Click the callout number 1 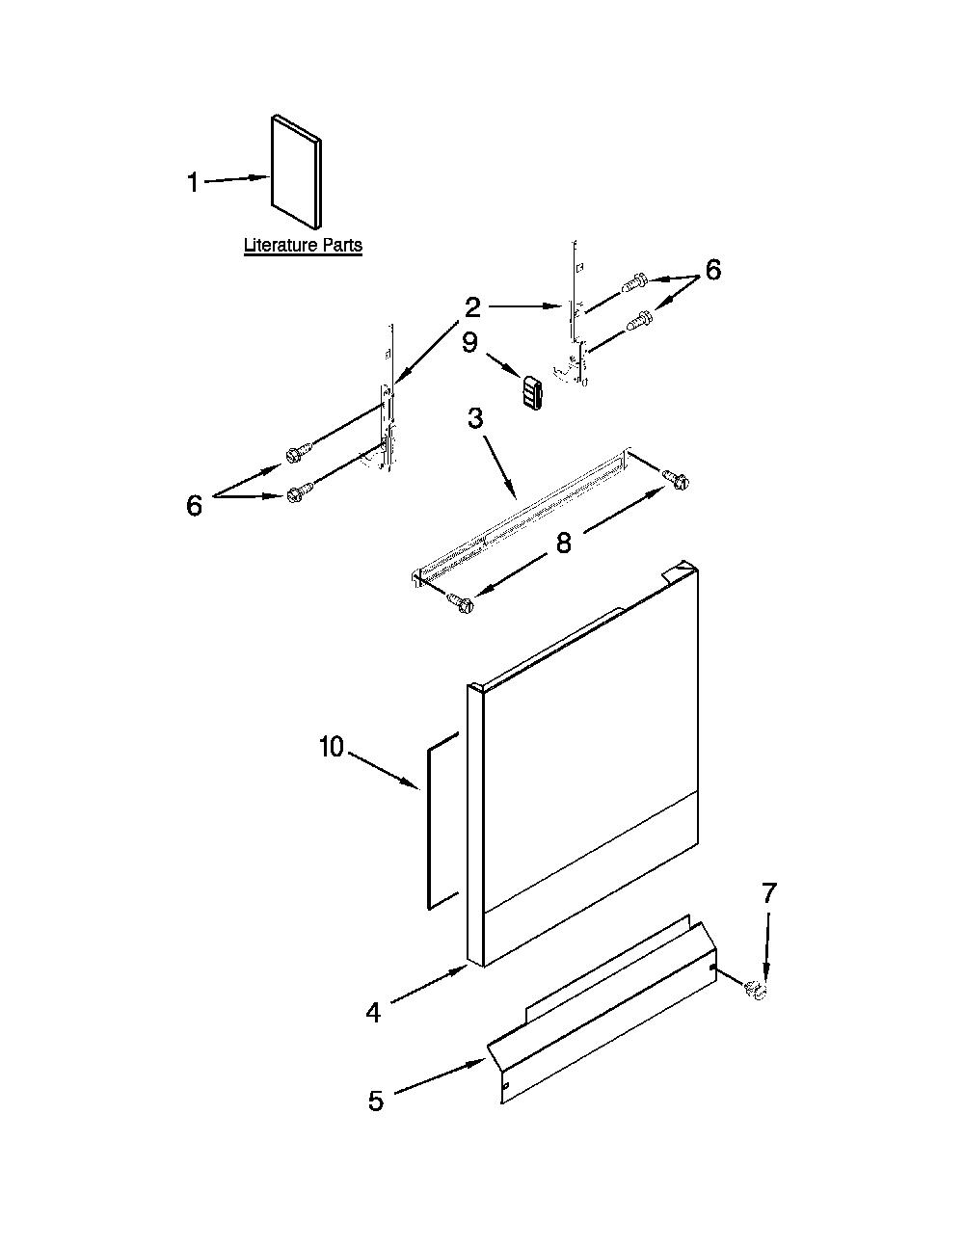194,183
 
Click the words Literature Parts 303,245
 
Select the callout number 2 472,307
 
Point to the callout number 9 470,343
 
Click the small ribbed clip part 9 532,392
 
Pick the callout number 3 475,419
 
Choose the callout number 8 564,543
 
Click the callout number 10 332,747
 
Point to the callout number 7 769,892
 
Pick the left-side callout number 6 195,506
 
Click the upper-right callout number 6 712,269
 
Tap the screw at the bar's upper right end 676,479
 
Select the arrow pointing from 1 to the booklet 237,179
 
